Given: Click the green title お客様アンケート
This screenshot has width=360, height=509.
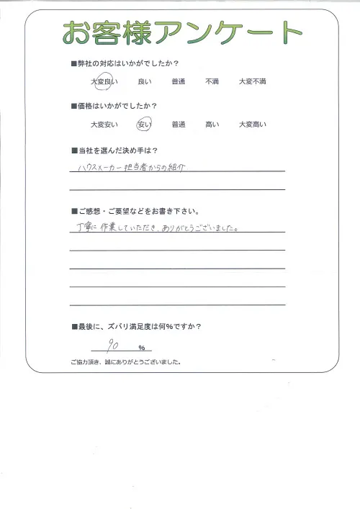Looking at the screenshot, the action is pyautogui.click(x=182, y=33).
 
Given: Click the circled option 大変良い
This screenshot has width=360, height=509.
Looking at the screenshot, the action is pyautogui.click(x=104, y=83).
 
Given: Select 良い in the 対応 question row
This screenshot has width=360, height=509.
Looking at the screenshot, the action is pyautogui.click(x=143, y=83).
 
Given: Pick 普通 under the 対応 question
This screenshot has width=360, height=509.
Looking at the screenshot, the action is pyautogui.click(x=179, y=83).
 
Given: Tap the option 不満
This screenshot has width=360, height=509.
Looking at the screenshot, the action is pyautogui.click(x=212, y=83).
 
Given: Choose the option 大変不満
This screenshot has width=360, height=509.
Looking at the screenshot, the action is pyautogui.click(x=252, y=83).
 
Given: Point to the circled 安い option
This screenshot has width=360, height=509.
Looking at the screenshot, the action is pyautogui.click(x=144, y=125).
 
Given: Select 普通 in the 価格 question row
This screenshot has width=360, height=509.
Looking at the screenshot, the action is pyautogui.click(x=179, y=125).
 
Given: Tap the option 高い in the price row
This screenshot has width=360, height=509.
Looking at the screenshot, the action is pyautogui.click(x=212, y=125).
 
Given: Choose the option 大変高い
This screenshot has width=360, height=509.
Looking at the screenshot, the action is pyautogui.click(x=252, y=125).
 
